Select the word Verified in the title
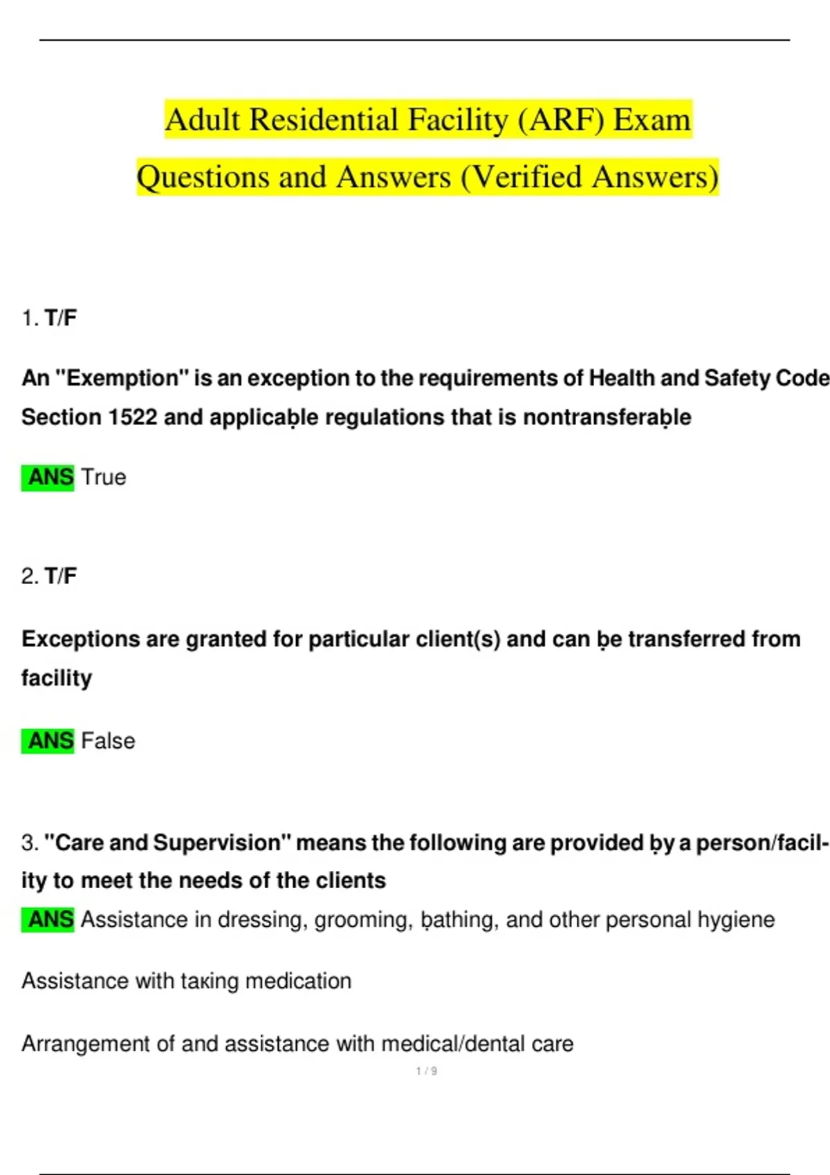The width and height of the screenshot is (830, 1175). [528, 177]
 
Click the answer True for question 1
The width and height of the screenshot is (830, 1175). [104, 477]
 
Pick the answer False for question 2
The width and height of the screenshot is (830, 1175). [108, 741]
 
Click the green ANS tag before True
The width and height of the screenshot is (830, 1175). [48, 477]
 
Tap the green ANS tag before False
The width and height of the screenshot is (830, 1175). [48, 741]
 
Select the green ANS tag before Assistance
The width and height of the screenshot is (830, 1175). [48, 919]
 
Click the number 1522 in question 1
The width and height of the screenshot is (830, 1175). [133, 417]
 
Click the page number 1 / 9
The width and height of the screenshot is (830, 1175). [426, 1071]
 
